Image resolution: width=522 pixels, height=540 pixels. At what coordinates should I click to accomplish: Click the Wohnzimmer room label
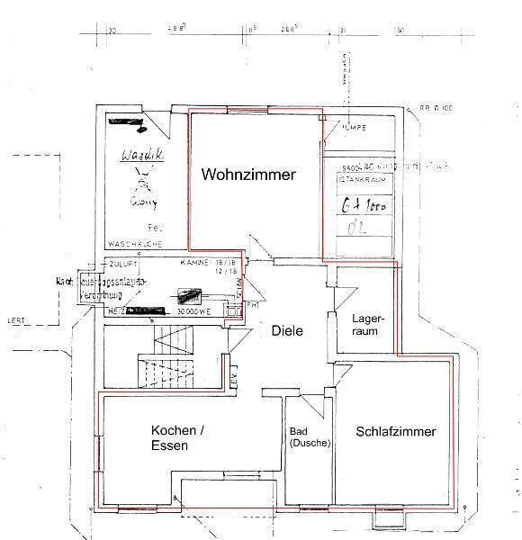(247, 175)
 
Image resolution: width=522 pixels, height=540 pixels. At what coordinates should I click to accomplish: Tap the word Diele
(288, 330)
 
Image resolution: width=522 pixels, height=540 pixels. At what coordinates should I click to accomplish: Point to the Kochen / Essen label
(177, 436)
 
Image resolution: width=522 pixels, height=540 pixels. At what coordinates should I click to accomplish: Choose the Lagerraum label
(368, 325)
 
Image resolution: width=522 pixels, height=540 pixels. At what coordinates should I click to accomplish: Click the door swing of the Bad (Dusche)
(310, 405)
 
